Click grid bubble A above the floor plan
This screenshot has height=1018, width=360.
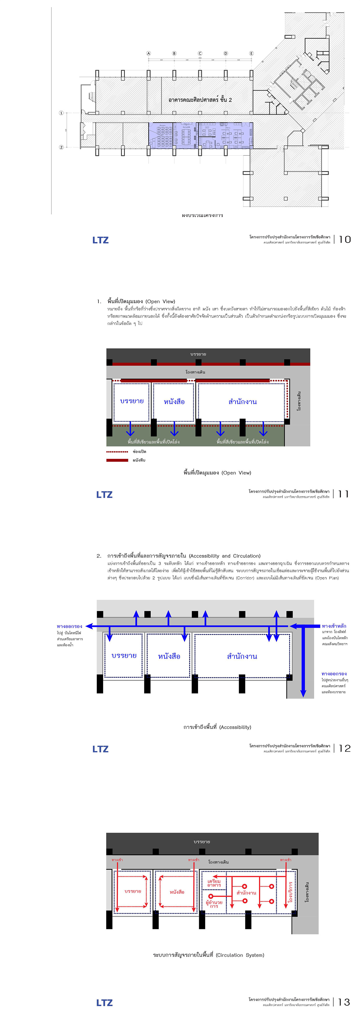(x=149, y=53)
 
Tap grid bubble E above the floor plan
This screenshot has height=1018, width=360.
(x=251, y=53)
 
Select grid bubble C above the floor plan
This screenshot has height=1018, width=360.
(x=200, y=53)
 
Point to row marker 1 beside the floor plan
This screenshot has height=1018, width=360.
(x=61, y=113)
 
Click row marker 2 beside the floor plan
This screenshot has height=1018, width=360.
(x=61, y=147)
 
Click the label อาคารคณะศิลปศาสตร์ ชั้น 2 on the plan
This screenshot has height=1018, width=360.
(x=200, y=100)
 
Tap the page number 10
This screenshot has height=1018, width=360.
(x=345, y=239)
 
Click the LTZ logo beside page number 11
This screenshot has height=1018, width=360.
(x=104, y=495)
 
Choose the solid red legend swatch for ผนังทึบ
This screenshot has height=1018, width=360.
(x=117, y=460)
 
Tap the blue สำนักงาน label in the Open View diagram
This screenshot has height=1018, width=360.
(x=243, y=402)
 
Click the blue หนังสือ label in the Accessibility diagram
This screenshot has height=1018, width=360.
(x=169, y=656)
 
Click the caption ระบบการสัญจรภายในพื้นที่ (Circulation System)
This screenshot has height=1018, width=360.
(x=209, y=955)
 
